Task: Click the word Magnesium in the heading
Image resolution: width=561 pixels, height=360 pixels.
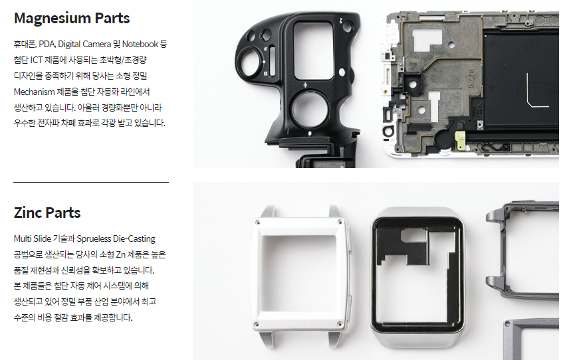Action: [53, 19]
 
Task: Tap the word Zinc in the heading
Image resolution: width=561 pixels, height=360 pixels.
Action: [29, 213]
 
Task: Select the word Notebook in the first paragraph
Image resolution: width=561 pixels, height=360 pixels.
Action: [140, 44]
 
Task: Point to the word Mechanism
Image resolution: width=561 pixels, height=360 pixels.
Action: [35, 92]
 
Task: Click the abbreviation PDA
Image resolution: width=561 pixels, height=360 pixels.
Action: [47, 45]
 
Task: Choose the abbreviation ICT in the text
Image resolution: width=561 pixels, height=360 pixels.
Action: [37, 60]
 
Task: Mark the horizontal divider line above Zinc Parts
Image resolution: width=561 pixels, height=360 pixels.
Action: [91, 182]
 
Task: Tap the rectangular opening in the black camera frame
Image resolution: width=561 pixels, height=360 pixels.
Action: [314, 50]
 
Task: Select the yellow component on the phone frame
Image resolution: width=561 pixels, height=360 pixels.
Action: [460, 140]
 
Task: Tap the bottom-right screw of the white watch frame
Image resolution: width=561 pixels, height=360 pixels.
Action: [340, 324]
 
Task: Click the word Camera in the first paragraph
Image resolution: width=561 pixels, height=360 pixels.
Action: [98, 45]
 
